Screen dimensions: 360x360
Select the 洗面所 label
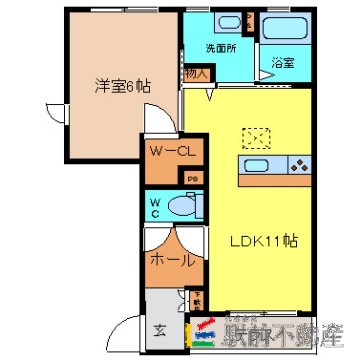point(220,47)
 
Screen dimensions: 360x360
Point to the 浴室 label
point(282,61)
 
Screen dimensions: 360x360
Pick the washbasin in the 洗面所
point(223,21)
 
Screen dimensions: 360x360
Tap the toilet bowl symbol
point(181,206)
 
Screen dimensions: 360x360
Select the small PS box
point(193,178)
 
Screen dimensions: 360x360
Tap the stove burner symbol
point(298,166)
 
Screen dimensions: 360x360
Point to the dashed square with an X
point(257,136)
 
